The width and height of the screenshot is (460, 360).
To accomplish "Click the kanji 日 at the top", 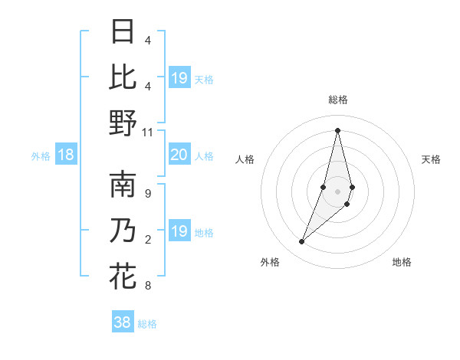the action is [x=123, y=33].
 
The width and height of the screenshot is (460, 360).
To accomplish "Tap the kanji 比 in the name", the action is [x=123, y=77].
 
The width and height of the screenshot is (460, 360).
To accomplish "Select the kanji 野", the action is [x=123, y=123].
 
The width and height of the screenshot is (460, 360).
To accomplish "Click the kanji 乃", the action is [x=123, y=231].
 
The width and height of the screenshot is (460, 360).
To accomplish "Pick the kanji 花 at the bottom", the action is [x=123, y=277].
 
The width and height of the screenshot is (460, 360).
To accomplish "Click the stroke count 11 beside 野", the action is [x=148, y=132].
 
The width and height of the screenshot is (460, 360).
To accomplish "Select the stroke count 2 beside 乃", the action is [x=147, y=240].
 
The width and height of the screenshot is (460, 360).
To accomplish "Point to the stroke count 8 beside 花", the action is [x=147, y=286].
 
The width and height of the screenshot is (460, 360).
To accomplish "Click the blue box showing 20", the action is [x=179, y=155].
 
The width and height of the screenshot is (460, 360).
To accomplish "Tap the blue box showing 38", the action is [x=122, y=322].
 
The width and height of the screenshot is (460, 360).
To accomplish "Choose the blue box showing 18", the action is [x=66, y=155].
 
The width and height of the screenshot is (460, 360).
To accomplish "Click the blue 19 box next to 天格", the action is [x=179, y=77].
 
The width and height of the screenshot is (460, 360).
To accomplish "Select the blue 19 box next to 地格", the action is [x=179, y=231].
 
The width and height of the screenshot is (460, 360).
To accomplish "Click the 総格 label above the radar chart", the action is [x=337, y=100].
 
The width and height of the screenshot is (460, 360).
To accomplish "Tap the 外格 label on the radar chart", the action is [x=270, y=262].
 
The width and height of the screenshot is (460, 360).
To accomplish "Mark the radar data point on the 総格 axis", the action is [x=337, y=130].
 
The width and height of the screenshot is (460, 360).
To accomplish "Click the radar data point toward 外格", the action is [x=302, y=242].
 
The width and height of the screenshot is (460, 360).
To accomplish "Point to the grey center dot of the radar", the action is [x=337, y=191].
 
